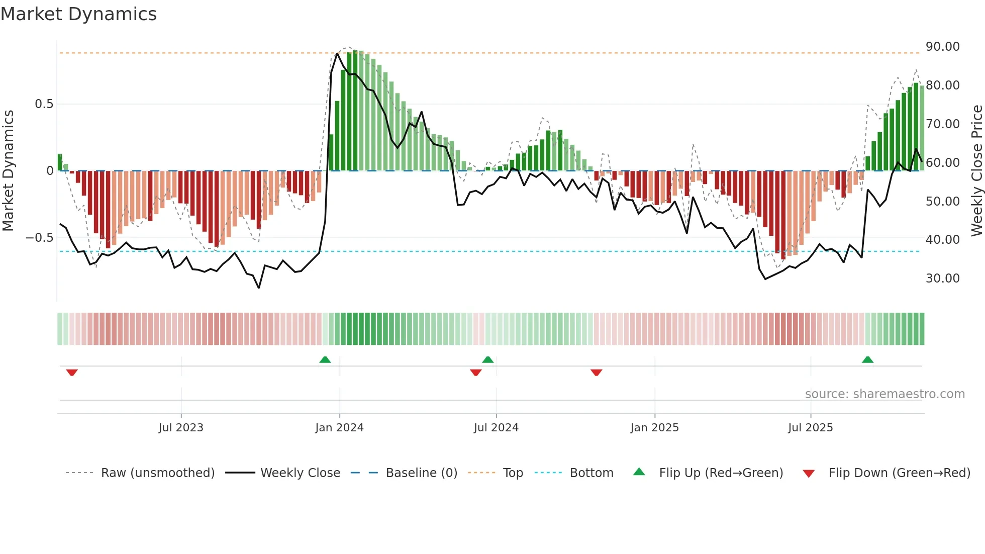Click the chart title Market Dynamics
pos(78,14)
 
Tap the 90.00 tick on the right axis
pos(942,47)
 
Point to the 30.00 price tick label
pos(942,279)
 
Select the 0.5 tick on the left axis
pos(44,104)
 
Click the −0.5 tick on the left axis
pos(39,238)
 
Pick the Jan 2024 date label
pos(339,428)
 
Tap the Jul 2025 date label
pos(810,428)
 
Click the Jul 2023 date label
pos(181,428)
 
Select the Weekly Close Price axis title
pos(976,171)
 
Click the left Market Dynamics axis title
pos(8,171)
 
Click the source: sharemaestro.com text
pos(884,394)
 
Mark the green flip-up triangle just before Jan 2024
pos(325,359)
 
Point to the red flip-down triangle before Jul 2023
pos(72,373)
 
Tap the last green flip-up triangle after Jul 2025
pos(867,359)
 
